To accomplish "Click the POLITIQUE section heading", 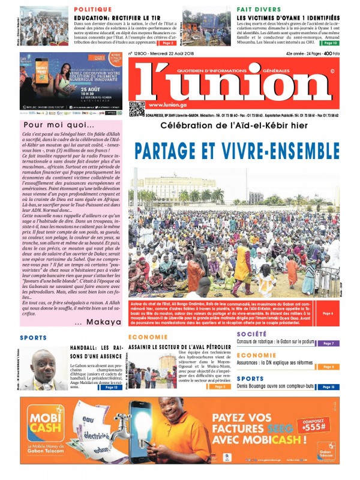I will coord(94,10).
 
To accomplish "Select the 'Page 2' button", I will coord(168,43).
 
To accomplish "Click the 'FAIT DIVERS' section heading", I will coord(259,10).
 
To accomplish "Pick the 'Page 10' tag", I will coord(330,43).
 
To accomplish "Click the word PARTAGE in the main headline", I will coord(172,151).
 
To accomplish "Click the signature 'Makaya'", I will coord(97,323).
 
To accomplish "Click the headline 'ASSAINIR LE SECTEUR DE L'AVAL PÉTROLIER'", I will coord(179,347).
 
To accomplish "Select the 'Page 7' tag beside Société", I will coord(328,344).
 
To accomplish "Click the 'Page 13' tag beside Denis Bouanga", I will coord(328,387).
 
